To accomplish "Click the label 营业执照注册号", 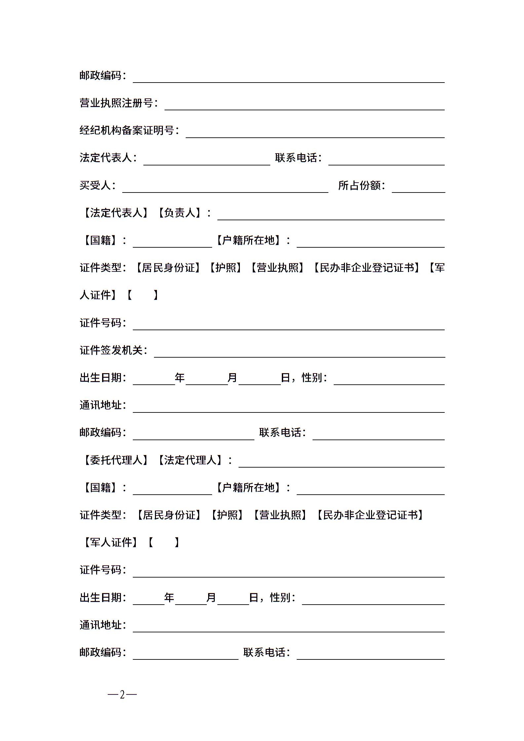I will pos(116,103).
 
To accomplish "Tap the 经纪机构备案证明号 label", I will pos(127,131).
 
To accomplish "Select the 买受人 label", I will pos(95,186).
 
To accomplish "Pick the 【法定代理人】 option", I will pos(190,460).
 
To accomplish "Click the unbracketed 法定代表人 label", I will pos(106,158).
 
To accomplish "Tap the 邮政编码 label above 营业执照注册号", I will pos(100,76).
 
